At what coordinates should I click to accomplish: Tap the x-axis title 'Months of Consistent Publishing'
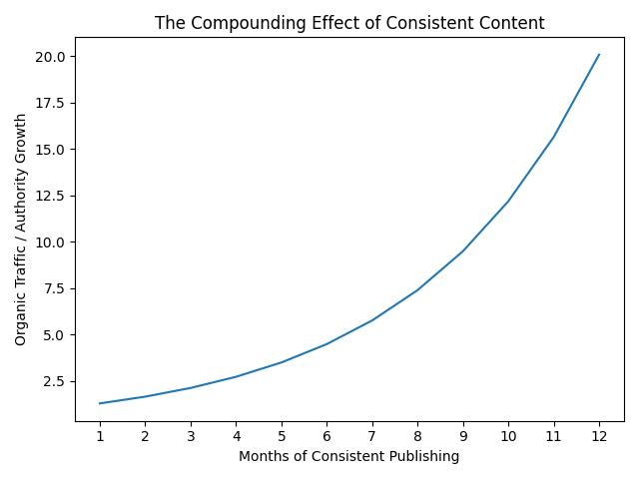tap(349, 457)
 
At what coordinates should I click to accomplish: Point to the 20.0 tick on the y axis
tap(52, 57)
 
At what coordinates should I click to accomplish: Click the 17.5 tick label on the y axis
tap(52, 103)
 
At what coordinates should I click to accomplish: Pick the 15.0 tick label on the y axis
tap(52, 150)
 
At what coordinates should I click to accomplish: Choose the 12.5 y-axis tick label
tap(52, 196)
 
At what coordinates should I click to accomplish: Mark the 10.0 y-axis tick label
tap(52, 242)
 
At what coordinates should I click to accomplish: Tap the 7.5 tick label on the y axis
tap(55, 288)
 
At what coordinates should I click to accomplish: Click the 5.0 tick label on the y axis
tap(55, 335)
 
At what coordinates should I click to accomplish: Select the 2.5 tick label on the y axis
tap(55, 381)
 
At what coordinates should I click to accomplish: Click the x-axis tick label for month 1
tap(100, 436)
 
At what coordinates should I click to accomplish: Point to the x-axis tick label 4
tap(236, 436)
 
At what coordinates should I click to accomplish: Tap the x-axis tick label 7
tap(372, 436)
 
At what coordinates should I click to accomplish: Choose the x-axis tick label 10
tap(508, 436)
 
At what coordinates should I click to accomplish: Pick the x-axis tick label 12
tap(599, 436)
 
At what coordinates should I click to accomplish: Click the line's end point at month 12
tap(599, 55)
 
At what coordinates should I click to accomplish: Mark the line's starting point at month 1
tap(100, 403)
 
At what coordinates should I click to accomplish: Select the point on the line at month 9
tap(463, 250)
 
